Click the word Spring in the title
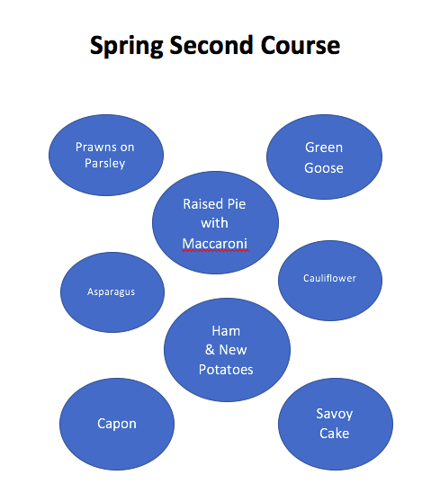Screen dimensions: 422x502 [127, 46]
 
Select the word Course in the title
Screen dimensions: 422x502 [300, 45]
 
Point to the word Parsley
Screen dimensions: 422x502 [104, 163]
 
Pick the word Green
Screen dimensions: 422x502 [324, 148]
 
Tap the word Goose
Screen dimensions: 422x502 [324, 168]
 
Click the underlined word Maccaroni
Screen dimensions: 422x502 [215, 244]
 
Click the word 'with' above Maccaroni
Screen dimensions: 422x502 [214, 223]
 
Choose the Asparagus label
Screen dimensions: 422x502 [111, 292]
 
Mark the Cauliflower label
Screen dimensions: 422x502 [329, 278]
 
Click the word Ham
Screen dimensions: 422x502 [226, 331]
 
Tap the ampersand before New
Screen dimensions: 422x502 [210, 350]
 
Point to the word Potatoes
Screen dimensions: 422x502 [226, 370]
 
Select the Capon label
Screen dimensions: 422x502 [117, 424]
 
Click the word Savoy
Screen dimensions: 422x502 [334, 414]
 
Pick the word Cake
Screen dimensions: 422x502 [334, 434]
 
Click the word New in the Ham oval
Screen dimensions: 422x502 [233, 350]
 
